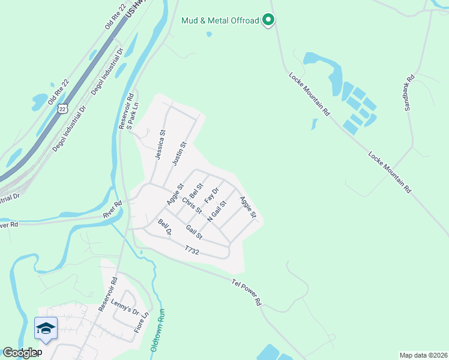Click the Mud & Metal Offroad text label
[x=220, y=20]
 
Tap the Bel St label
[x=196, y=193]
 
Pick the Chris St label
[x=191, y=205]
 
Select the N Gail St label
[x=216, y=211]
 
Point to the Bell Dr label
[x=164, y=227]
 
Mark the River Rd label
[x=112, y=204]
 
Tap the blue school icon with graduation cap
[x=46, y=328]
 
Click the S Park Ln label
[x=136, y=107]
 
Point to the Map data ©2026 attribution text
[x=423, y=355]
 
